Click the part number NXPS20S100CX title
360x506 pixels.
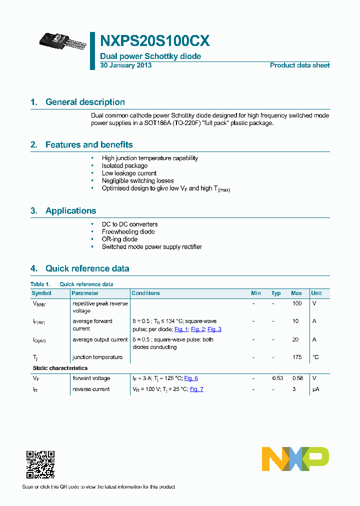(x=155, y=40)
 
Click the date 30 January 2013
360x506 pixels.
(x=126, y=65)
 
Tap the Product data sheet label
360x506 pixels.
(x=299, y=65)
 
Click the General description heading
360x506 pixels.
(x=85, y=102)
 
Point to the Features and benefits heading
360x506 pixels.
(x=89, y=145)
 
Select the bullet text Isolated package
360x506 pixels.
(x=124, y=165)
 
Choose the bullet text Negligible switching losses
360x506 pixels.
(x=137, y=180)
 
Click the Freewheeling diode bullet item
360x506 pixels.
(x=128, y=231)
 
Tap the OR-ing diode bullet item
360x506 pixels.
(x=119, y=239)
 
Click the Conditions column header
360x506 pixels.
(x=145, y=293)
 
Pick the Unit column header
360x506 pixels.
(x=316, y=293)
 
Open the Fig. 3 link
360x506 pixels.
(x=214, y=329)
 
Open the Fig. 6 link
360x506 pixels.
(x=191, y=378)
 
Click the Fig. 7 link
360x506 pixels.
(x=196, y=389)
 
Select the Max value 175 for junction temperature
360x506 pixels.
(x=297, y=357)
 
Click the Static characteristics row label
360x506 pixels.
(x=59, y=368)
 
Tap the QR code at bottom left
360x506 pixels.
(x=40, y=464)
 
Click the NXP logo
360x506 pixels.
(x=295, y=459)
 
